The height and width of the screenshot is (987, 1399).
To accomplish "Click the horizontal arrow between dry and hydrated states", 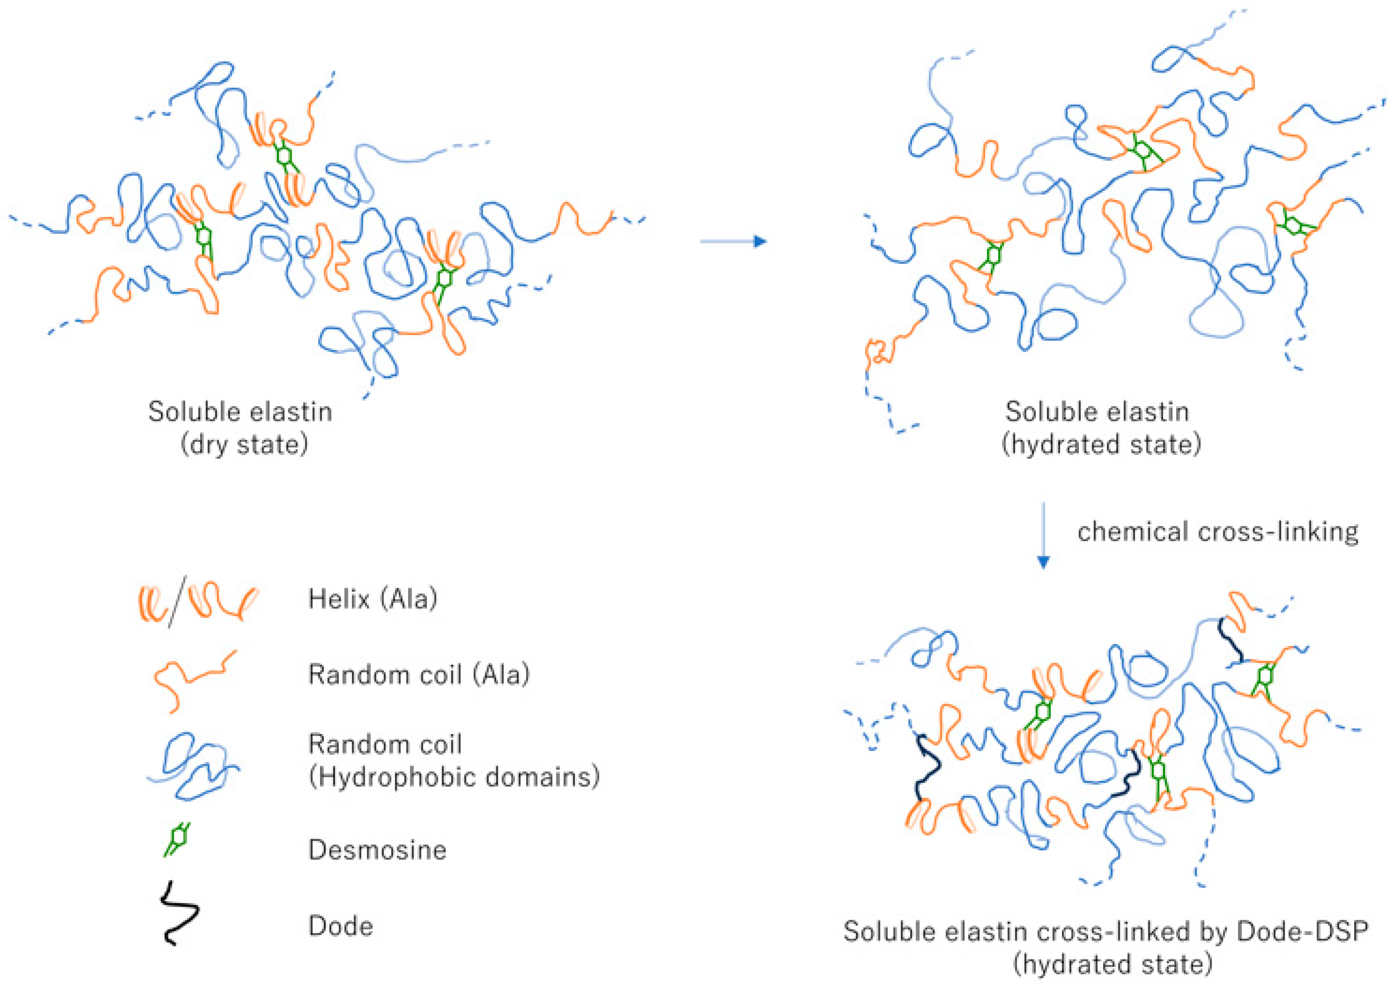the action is click(x=733, y=242).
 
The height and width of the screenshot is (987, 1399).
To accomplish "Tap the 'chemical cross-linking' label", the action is click(x=1218, y=532).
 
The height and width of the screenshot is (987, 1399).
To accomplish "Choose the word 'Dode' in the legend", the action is click(x=341, y=926).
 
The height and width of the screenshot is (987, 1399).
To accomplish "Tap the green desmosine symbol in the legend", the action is click(x=177, y=839).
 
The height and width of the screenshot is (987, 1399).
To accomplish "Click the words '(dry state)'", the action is click(x=244, y=444).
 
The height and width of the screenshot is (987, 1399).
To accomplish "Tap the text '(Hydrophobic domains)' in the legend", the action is click(x=454, y=777).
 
